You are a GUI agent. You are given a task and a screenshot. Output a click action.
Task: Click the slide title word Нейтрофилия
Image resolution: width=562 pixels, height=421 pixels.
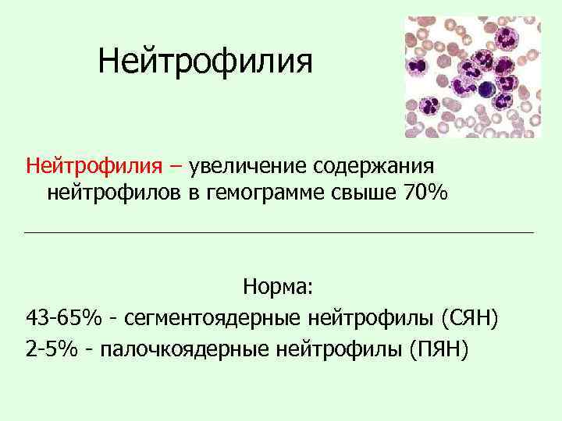coord(205,62)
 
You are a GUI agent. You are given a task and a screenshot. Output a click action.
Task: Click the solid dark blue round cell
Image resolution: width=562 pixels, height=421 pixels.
coord(487,87)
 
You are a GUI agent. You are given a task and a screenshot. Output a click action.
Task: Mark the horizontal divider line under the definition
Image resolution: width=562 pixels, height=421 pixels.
coord(279,232)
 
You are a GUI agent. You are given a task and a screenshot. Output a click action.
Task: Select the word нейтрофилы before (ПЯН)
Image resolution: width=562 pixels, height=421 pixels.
coord(340,349)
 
